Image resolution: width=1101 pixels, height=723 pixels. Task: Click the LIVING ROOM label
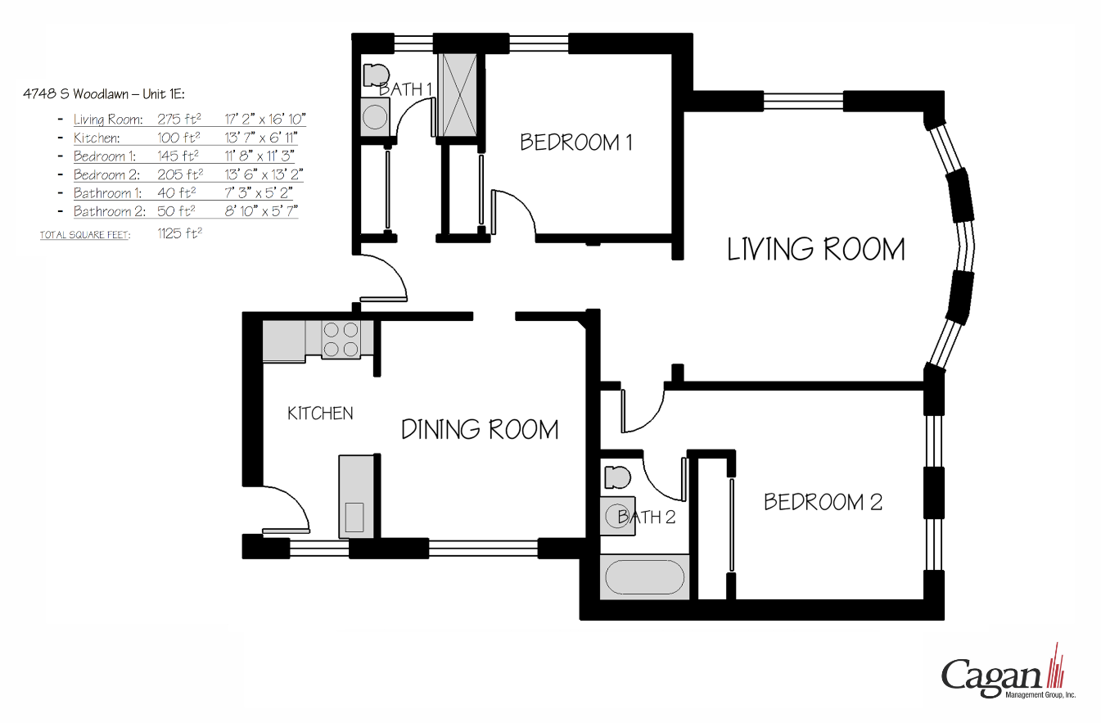(x=816, y=249)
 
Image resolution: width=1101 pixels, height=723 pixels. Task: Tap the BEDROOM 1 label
(x=576, y=142)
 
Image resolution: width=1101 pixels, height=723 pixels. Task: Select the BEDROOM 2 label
(x=823, y=501)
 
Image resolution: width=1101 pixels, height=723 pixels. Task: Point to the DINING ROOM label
(x=480, y=429)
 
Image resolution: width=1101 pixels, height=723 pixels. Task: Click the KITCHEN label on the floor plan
(x=320, y=413)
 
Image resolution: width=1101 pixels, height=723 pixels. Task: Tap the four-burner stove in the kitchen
(x=341, y=340)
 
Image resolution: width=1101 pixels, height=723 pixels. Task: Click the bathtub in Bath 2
(x=644, y=577)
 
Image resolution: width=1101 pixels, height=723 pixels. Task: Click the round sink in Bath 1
(x=375, y=117)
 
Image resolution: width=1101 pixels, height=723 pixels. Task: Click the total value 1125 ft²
(x=179, y=233)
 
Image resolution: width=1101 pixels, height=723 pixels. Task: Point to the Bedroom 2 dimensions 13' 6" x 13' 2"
(x=264, y=174)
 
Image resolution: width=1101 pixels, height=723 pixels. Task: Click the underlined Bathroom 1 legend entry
(x=107, y=193)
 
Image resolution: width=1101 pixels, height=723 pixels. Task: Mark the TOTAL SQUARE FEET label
(x=85, y=236)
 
